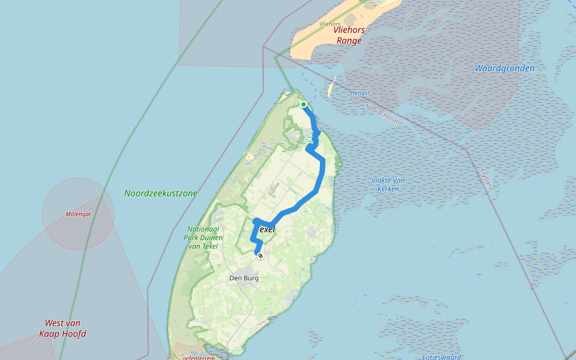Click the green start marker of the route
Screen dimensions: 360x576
click(x=304, y=104)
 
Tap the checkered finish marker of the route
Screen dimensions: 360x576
click(x=260, y=256)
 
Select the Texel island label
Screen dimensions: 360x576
click(x=266, y=229)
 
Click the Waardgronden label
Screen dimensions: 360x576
click(x=505, y=68)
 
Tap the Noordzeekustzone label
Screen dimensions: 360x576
click(x=161, y=193)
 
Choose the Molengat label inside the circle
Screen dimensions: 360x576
click(x=78, y=214)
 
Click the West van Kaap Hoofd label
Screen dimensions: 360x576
click(x=62, y=328)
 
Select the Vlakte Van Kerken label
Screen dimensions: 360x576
click(x=389, y=184)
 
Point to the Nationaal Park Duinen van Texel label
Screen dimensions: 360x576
click(x=205, y=238)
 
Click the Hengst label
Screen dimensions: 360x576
click(x=359, y=93)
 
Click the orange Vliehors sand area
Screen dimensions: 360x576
click(x=312, y=45)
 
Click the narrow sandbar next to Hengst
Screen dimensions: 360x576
click(x=331, y=88)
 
